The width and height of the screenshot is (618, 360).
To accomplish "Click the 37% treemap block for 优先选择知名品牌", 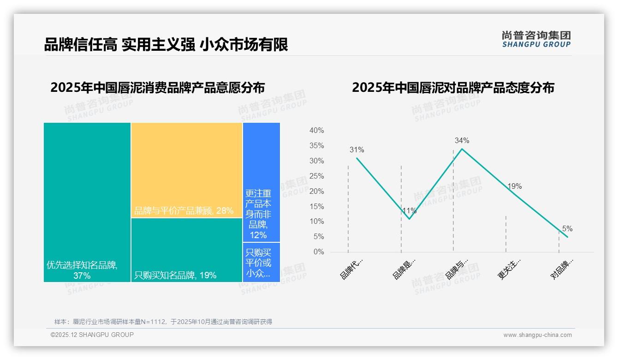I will [87, 202].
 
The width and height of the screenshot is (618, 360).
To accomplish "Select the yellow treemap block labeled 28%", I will [187, 170].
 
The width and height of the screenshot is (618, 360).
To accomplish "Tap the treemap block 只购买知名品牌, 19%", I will [187, 250].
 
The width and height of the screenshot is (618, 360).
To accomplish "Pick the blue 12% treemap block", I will [261, 182].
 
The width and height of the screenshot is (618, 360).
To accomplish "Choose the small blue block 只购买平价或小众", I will [261, 262].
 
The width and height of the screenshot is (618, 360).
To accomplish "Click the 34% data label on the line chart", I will [462, 140].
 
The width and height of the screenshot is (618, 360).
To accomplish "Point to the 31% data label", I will [357, 150].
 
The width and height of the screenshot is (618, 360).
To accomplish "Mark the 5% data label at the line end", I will [567, 228].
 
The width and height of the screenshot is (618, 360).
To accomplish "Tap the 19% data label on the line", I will [514, 186].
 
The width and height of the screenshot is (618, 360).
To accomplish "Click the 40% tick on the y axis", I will [316, 131].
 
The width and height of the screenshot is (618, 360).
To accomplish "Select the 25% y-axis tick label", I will [316, 176].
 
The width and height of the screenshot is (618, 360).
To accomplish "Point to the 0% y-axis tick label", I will [319, 252].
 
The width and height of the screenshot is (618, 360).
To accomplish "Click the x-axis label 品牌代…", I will [351, 269].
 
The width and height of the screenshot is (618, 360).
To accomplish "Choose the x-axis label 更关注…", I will [509, 269].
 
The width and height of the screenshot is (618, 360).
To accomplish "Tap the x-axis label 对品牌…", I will [562, 269].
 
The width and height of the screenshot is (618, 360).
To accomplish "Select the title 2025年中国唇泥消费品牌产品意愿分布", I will [157, 88].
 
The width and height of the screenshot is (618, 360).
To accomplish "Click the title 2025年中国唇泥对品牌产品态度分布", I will [453, 88].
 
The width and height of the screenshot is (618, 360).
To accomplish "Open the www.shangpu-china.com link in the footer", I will [537, 335].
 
